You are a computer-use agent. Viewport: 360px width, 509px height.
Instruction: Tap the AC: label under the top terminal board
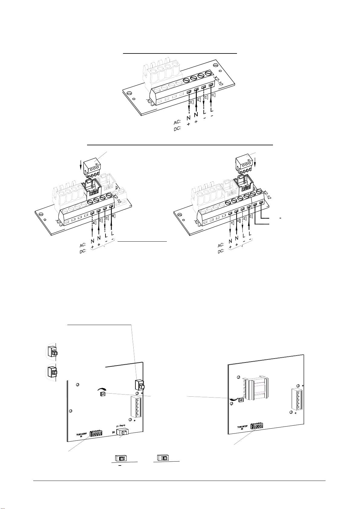(x=177, y=122)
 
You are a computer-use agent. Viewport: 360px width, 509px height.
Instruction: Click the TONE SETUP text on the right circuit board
(x=243, y=427)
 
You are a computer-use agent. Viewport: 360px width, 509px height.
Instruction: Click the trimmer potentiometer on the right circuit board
(x=241, y=400)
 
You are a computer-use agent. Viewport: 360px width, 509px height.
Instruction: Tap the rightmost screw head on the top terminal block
(x=208, y=73)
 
